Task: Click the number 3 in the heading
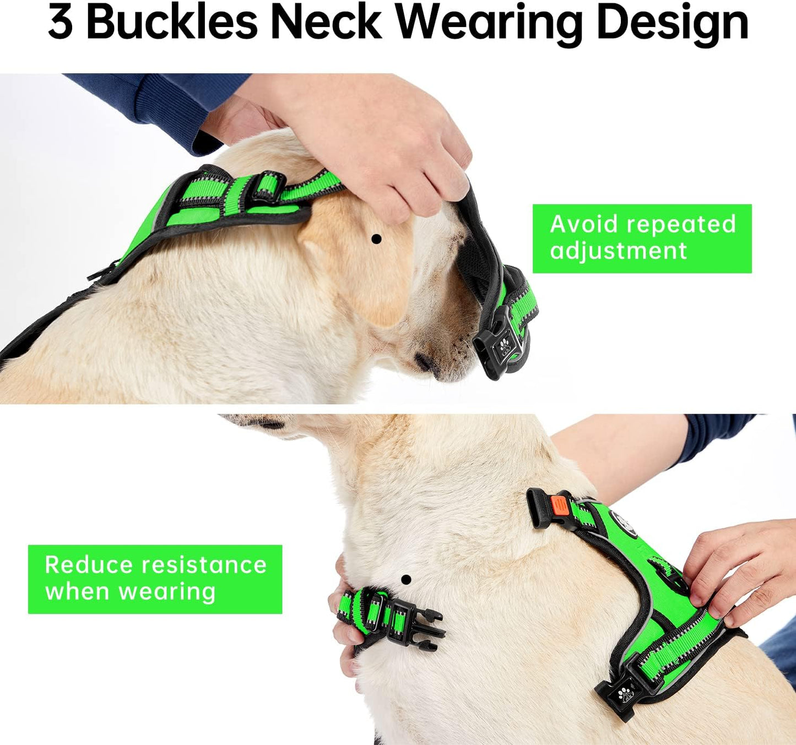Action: click(x=60, y=23)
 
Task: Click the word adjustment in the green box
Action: click(x=618, y=251)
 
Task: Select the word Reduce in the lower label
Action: click(x=89, y=565)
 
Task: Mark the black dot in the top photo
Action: click(x=376, y=239)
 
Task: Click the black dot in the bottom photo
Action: click(x=406, y=579)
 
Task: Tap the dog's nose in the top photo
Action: click(x=425, y=362)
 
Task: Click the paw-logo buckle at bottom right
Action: click(x=623, y=693)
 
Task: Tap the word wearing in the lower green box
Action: click(x=167, y=592)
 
